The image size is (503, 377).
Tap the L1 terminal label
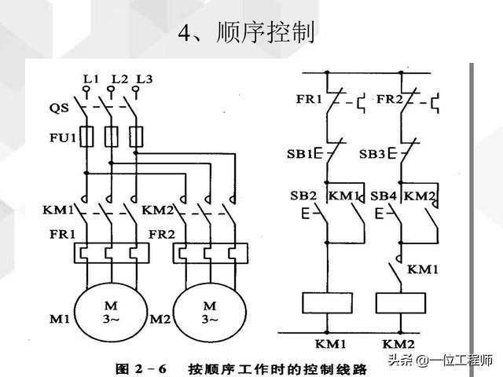tap(90, 79)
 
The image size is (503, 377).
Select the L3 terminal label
tap(144, 79)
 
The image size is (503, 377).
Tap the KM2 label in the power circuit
tap(157, 210)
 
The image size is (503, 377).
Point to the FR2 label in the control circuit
tap(389, 100)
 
